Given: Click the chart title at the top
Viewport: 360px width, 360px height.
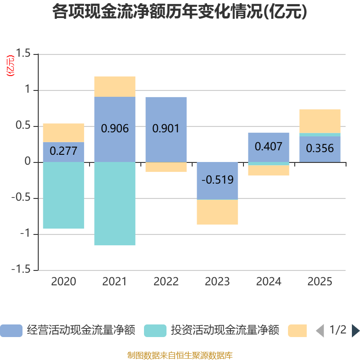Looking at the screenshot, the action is [180, 12].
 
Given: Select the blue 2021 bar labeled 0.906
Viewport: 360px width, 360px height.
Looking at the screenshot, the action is [115, 130].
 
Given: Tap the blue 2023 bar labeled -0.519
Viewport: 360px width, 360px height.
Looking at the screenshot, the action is [217, 181].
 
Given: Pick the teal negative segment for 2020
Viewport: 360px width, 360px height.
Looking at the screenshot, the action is [63, 195].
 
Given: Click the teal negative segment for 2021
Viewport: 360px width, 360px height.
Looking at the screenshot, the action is [115, 204].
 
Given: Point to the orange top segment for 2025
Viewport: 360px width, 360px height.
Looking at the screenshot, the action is [320, 121].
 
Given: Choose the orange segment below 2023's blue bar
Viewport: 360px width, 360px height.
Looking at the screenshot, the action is [217, 212].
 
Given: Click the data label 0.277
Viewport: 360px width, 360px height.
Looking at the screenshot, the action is [63, 151].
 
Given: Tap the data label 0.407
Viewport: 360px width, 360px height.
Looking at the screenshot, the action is [268, 147].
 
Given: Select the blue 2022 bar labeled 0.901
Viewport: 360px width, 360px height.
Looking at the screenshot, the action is [166, 130].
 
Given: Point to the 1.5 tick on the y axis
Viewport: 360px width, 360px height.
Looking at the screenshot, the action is [23, 53].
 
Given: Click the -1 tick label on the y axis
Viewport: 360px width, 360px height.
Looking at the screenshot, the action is [25, 234].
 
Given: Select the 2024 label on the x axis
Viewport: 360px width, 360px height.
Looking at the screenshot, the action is [269, 282].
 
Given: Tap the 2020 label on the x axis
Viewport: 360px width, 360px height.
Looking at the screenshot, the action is [63, 282].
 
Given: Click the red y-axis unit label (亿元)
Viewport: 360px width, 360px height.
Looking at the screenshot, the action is [10, 66].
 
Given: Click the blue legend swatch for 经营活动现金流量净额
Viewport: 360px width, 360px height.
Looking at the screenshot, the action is [11, 331].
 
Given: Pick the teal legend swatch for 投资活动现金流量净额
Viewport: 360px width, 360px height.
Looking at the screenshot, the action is [155, 331].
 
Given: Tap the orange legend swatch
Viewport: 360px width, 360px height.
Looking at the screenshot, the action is [297, 331].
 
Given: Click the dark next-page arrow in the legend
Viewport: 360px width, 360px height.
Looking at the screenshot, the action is [355, 331].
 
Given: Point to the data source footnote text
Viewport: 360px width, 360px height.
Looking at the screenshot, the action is [180, 355].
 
